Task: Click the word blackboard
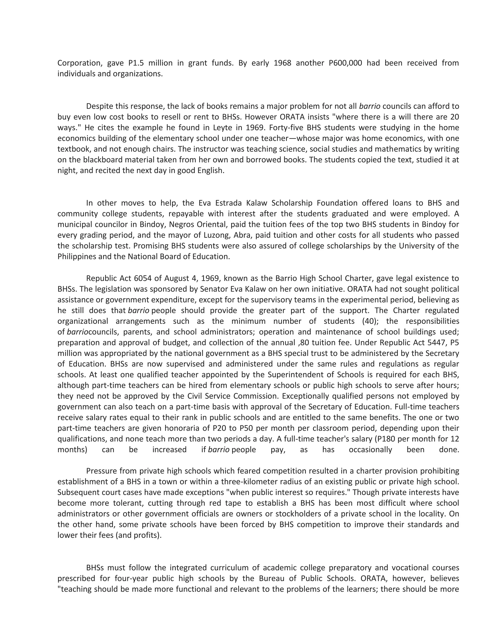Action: click(x=102, y=160)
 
